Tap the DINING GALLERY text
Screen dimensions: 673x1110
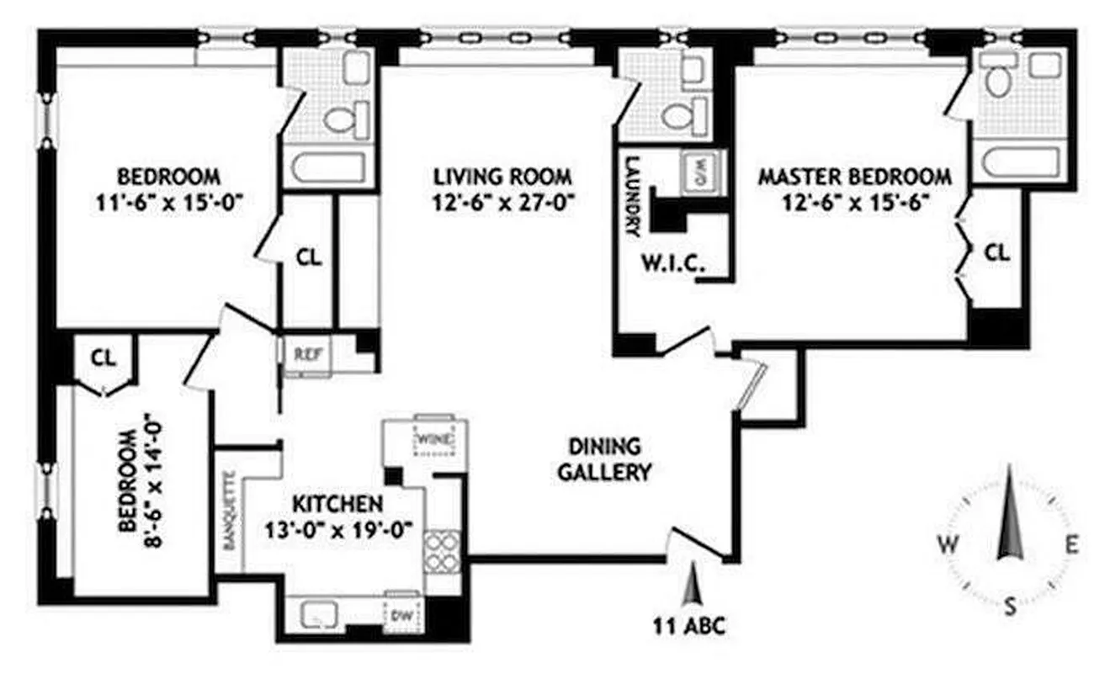tap(604, 458)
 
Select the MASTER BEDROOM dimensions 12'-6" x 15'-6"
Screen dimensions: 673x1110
tap(855, 203)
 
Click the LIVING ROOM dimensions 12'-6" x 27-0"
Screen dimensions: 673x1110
tap(503, 203)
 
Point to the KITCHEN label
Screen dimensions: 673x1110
tap(337, 504)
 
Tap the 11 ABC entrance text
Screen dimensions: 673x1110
tap(689, 626)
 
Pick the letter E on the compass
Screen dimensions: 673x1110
tap(1071, 544)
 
